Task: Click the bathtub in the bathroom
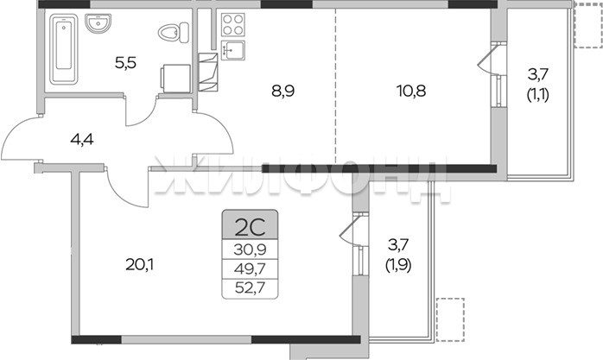[x=63, y=49]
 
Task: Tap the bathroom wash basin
[x=98, y=23]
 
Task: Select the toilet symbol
[x=174, y=32]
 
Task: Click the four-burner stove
[x=233, y=24]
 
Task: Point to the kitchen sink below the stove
[x=233, y=50]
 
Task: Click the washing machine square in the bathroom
[x=175, y=79]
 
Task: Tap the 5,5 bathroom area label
[x=126, y=62]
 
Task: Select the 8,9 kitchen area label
[x=282, y=92]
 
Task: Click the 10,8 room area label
[x=411, y=91]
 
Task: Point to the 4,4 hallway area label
[x=82, y=140]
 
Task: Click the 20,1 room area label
[x=140, y=264]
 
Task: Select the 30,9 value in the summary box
[x=250, y=250]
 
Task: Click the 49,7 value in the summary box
[x=250, y=268]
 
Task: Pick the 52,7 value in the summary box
[x=250, y=287]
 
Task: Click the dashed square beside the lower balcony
[x=450, y=319]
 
